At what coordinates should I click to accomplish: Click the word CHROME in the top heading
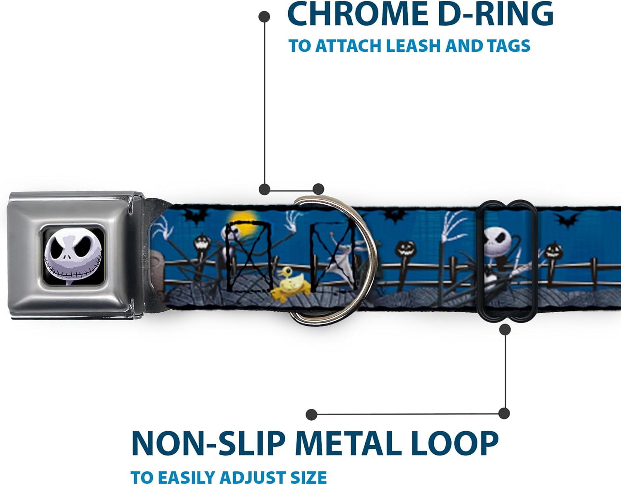(356, 14)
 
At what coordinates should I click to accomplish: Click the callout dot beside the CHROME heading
(264, 17)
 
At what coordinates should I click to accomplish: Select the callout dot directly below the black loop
(505, 330)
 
